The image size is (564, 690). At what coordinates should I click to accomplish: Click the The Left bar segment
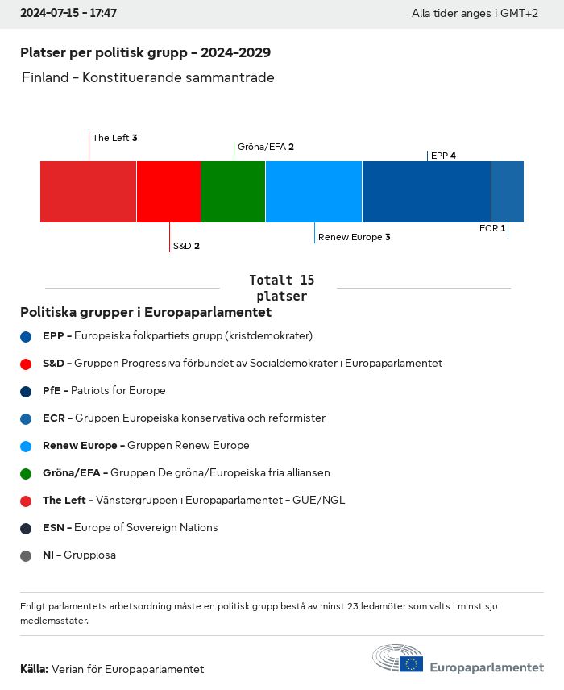[88, 192]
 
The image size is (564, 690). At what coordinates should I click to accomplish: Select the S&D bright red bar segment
[168, 192]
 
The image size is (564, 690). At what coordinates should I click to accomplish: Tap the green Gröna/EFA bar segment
[233, 192]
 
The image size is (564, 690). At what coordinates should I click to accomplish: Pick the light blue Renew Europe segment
[313, 192]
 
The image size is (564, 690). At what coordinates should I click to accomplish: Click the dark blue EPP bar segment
[426, 192]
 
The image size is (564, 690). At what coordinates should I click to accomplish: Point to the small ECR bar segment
[508, 192]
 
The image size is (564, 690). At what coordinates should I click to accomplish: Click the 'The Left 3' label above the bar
[114, 138]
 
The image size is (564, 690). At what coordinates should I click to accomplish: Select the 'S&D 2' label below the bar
[185, 246]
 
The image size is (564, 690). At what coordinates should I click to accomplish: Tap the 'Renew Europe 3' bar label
[354, 237]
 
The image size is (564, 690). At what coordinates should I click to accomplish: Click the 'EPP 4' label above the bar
[443, 156]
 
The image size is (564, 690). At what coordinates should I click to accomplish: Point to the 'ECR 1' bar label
[492, 228]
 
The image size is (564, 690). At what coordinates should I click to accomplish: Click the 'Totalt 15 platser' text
[281, 288]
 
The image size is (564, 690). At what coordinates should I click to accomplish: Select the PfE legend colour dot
[26, 391]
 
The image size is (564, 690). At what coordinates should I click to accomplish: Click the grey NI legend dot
[26, 555]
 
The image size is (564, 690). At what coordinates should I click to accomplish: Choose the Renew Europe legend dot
[26, 446]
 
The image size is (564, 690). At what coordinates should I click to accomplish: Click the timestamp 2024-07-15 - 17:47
[68, 14]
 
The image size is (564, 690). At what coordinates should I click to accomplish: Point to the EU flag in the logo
[412, 663]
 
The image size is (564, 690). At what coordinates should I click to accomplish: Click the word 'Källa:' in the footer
[34, 669]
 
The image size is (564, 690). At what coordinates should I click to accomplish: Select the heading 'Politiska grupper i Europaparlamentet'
[146, 312]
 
